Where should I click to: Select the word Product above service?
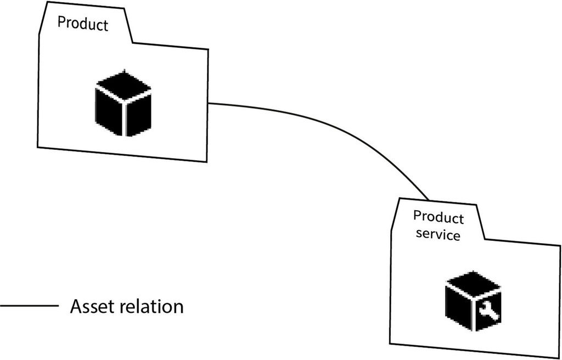pos(439,217)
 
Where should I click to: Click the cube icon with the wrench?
pos(473,301)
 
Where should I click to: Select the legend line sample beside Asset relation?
pos(29,306)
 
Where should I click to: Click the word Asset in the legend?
pos(91,306)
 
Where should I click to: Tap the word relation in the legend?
pos(150,306)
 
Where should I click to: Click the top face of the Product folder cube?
pos(123,87)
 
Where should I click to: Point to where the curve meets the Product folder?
pos(209,103)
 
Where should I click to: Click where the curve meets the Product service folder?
pos(428,199)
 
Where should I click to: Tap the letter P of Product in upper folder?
pos(61,22)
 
